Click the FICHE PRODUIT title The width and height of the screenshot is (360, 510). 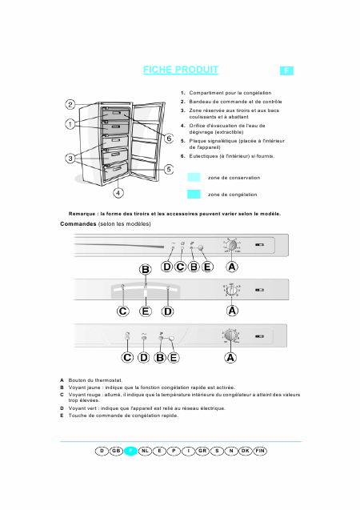tap(181, 70)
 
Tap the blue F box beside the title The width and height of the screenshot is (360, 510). tap(286, 71)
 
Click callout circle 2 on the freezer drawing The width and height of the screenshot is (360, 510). tap(70, 105)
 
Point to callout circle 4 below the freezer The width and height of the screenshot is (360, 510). tap(118, 192)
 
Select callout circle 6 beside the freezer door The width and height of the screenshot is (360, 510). tap(169, 139)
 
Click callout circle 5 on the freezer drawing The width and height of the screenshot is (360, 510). tap(169, 169)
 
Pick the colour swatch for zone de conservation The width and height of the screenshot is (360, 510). tap(194, 177)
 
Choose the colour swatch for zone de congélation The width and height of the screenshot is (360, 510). tap(194, 194)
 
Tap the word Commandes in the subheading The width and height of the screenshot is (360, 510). tap(78, 225)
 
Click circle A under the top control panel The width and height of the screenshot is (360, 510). tap(231, 267)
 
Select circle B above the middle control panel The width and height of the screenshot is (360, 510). tap(146, 270)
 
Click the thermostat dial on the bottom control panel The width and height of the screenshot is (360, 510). tap(230, 336)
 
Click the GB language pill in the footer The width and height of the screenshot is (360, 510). tap(117, 452)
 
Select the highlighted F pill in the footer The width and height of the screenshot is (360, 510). tap(131, 452)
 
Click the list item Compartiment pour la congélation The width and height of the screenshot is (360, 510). tap(230, 94)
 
